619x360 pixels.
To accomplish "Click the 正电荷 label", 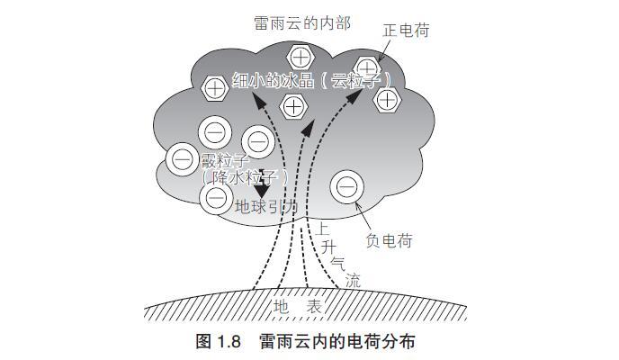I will [x=405, y=31].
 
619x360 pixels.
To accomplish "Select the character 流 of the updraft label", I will [x=352, y=280].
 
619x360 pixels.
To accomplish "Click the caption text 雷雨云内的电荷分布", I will [x=337, y=342].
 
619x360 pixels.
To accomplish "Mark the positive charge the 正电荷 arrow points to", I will [x=367, y=67].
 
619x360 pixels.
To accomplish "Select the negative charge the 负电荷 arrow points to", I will [x=346, y=187].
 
